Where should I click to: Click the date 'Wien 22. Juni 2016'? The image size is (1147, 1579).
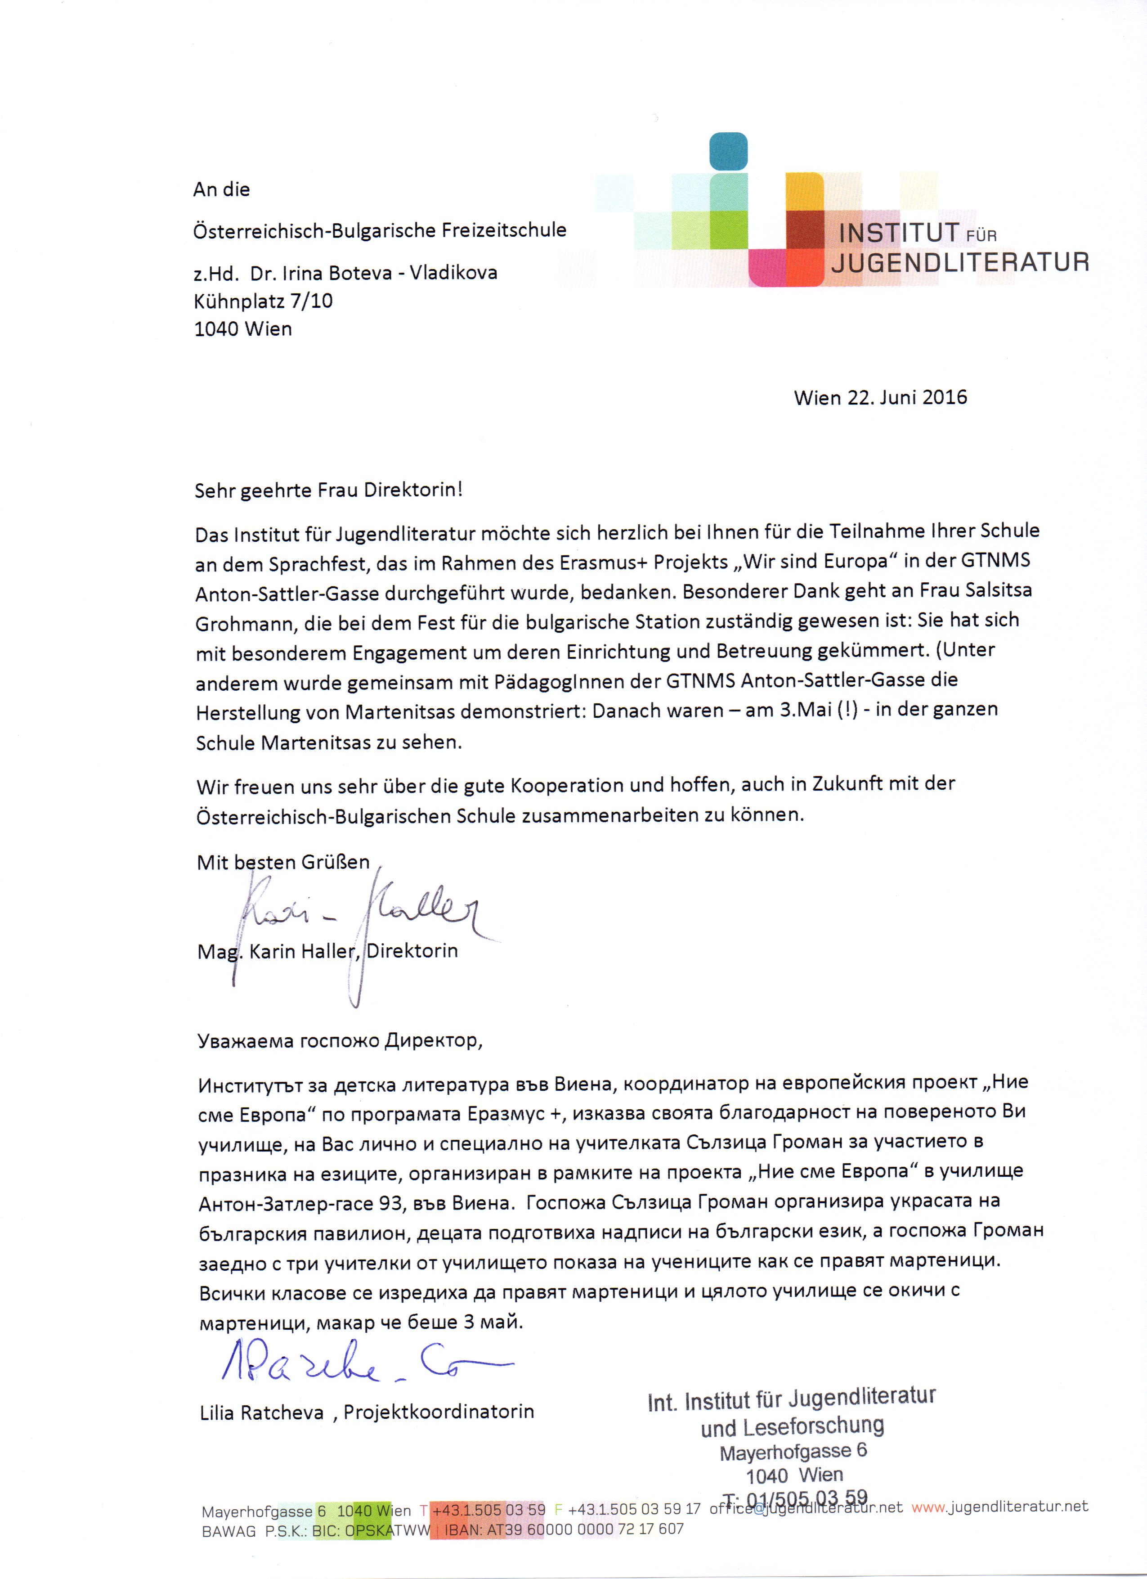tap(880, 397)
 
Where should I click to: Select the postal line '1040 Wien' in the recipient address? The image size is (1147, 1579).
tap(243, 328)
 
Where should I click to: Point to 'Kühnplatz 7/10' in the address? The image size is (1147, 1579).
tap(263, 301)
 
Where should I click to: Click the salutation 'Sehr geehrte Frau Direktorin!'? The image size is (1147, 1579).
tap(328, 490)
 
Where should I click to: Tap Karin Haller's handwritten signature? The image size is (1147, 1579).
tap(362, 912)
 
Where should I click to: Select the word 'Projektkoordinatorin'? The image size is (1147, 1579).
tap(439, 1412)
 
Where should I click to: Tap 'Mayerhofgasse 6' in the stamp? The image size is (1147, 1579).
tap(793, 1452)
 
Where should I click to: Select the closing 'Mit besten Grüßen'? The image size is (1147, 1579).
tap(283, 862)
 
